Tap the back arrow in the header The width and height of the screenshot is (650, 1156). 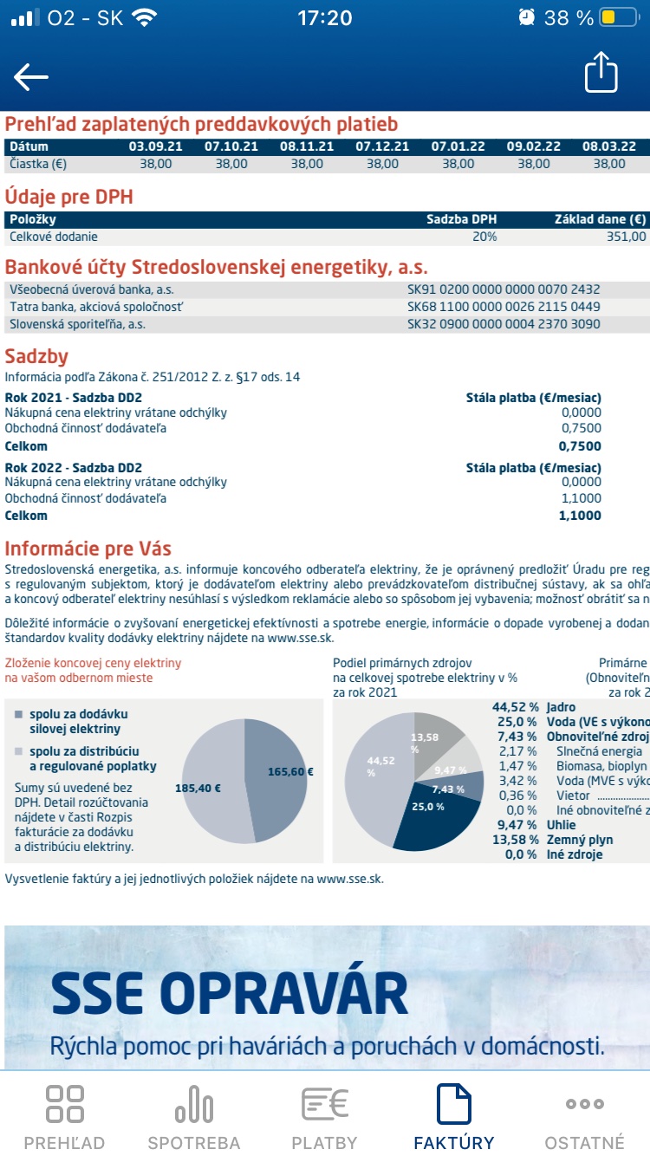(x=31, y=77)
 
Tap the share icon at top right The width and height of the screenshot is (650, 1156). (x=601, y=73)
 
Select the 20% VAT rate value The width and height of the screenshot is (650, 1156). (x=484, y=236)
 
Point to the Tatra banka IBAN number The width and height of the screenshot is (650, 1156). (x=504, y=307)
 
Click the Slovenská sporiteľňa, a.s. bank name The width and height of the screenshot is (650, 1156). (x=77, y=324)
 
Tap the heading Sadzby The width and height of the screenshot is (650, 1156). (x=36, y=357)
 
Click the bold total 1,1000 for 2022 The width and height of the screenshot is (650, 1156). (x=580, y=516)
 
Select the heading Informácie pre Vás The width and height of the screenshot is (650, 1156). (x=88, y=549)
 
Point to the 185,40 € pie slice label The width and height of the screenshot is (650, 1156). (x=199, y=789)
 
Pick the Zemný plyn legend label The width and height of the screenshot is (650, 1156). (x=580, y=840)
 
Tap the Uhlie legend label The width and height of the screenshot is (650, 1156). (x=562, y=826)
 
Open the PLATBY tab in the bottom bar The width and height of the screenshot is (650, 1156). (x=324, y=1117)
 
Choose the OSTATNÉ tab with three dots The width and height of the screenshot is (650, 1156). (x=584, y=1117)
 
